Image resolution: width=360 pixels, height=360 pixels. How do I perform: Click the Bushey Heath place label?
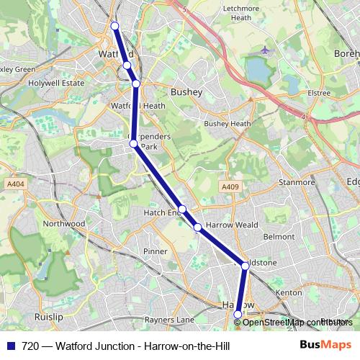(228, 124)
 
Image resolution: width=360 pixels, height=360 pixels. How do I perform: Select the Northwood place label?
(64, 224)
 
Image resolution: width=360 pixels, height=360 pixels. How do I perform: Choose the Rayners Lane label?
(170, 320)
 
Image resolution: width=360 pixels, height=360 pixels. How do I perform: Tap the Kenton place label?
(289, 293)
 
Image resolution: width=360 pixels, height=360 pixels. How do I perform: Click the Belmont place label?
(279, 236)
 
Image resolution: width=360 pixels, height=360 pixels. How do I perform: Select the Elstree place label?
(319, 93)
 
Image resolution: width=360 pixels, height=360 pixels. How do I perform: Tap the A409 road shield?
(230, 187)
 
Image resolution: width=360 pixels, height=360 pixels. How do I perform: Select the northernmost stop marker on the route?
(114, 26)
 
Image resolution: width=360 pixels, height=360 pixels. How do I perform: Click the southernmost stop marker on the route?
(238, 314)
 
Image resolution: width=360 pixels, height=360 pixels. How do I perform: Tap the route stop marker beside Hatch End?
(182, 210)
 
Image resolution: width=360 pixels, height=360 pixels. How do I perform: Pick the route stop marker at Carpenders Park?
(133, 143)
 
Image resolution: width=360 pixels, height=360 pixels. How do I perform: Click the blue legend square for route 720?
(11, 346)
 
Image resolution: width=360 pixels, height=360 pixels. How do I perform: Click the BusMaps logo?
(325, 346)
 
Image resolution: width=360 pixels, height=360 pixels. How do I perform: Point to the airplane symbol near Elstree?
(266, 50)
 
